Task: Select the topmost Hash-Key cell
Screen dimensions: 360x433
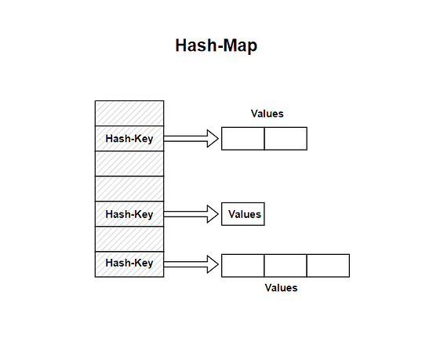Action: click(129, 138)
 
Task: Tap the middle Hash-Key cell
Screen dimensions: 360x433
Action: click(129, 213)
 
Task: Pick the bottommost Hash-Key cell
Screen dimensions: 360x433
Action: click(129, 264)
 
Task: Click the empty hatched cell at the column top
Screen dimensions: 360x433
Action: click(129, 113)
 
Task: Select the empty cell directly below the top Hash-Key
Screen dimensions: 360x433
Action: click(129, 163)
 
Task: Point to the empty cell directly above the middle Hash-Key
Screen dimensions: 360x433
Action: click(129, 188)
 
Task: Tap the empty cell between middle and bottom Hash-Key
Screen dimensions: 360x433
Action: click(129, 238)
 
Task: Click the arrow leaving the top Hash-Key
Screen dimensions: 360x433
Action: click(191, 139)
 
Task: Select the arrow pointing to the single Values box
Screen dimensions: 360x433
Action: click(191, 214)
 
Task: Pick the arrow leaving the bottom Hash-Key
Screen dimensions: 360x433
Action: click(191, 264)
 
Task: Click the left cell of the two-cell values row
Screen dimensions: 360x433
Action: click(243, 138)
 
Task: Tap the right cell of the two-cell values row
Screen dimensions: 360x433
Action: click(286, 138)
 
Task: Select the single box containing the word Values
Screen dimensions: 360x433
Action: click(243, 214)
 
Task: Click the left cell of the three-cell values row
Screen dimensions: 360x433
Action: click(243, 265)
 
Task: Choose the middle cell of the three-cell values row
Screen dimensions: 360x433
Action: click(286, 265)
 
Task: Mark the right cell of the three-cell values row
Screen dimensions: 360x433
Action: click(328, 265)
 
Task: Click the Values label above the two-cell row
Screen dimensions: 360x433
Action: click(267, 114)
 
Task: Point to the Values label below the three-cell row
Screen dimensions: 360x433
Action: click(281, 288)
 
